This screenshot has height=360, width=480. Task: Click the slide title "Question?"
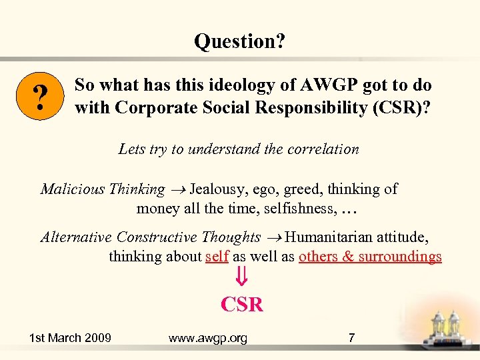(x=239, y=41)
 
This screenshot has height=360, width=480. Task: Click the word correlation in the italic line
(x=322, y=149)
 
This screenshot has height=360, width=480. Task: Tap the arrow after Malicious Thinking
(x=177, y=190)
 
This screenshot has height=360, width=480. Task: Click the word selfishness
(x=299, y=209)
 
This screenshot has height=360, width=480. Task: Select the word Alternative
(x=76, y=237)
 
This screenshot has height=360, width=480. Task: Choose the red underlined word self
(x=217, y=257)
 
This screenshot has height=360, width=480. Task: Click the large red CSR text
(x=242, y=305)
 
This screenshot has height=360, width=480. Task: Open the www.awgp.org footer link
(x=207, y=338)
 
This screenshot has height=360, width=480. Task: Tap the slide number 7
(x=351, y=338)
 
